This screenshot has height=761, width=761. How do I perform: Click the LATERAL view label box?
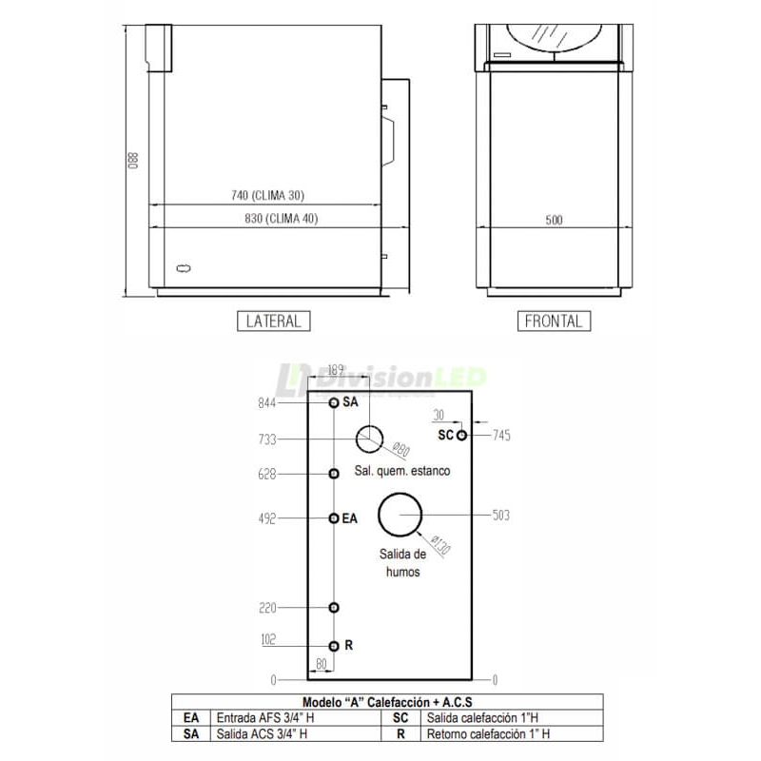pos(273,322)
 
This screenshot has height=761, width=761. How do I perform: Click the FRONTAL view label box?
pos(554,322)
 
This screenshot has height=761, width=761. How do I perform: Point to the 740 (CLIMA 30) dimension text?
pos(267,196)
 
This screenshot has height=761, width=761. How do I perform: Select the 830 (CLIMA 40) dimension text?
pos(281,219)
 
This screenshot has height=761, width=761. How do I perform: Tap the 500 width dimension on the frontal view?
pos(554,221)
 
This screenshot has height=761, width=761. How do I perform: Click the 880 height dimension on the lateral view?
pos(133,161)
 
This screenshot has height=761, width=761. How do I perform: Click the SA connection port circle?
pos(334,402)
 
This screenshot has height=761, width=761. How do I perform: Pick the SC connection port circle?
pos(461,436)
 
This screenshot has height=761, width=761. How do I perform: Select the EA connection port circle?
pos(334,518)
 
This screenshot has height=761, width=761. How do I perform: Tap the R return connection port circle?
pos(334,646)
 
